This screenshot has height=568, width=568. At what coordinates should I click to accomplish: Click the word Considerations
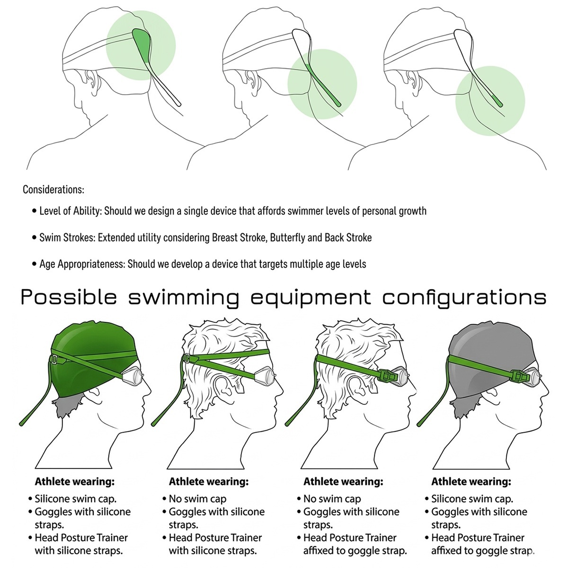(53, 189)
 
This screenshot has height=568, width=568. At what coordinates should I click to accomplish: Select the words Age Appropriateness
(81, 264)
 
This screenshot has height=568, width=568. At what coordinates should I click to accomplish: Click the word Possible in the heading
(68, 297)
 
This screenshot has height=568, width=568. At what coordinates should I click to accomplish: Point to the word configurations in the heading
(464, 298)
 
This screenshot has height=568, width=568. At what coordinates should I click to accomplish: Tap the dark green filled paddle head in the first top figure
(142, 44)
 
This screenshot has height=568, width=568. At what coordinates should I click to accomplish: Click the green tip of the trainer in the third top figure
(497, 101)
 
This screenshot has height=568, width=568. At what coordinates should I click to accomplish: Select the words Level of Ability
(71, 211)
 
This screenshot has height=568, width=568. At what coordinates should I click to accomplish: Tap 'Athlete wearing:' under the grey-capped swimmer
(471, 481)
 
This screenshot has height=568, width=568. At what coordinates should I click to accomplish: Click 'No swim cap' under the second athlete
(197, 499)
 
